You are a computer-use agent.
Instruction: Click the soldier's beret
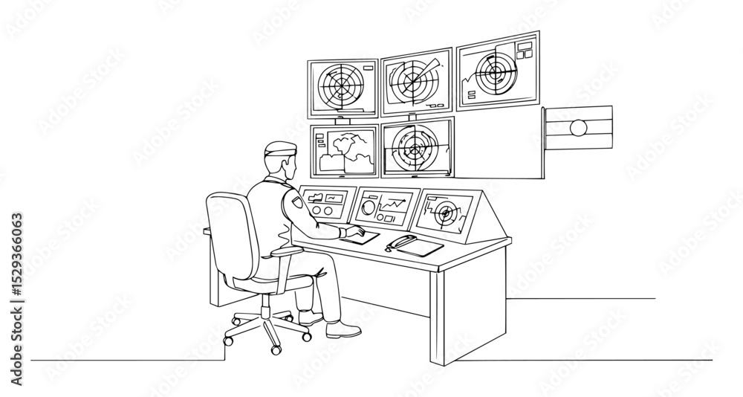coord(280,148)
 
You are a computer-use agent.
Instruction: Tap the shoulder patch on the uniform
coord(298,201)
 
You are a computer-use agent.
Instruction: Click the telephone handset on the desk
coord(400,242)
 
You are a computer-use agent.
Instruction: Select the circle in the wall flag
coord(577,128)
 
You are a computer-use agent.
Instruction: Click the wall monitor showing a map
coord(345,151)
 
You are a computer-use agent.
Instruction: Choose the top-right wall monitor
coord(498,71)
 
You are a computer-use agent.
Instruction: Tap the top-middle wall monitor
coord(416,82)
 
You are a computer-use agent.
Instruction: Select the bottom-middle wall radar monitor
coord(417,147)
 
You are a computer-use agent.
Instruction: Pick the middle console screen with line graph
coord(385,207)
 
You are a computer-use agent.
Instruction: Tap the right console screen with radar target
coord(447,213)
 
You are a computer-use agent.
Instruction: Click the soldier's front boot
coord(343,329)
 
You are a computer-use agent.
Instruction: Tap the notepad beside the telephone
coord(420,247)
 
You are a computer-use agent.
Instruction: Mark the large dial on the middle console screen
coord(368,207)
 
